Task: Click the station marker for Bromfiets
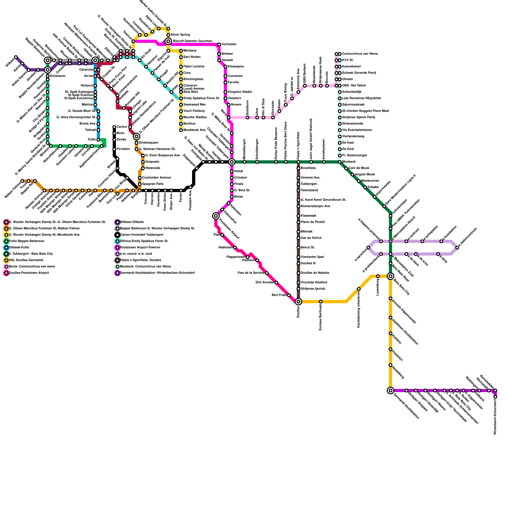298,168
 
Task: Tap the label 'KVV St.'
348,60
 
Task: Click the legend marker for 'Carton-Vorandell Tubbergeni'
117,235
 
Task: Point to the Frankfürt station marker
391,349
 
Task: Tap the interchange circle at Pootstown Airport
216,216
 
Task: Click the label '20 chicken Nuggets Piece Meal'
365,111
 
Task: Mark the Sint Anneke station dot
276,283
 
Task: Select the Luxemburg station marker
378,276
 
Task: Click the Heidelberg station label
398,372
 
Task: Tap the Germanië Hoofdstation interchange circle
391,391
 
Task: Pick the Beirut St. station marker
298,248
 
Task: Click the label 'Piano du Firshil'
312,222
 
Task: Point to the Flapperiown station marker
248,257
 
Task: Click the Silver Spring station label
180,35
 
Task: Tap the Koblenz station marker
391,333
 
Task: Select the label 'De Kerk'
348,149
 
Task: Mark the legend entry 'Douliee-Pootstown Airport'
29,273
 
